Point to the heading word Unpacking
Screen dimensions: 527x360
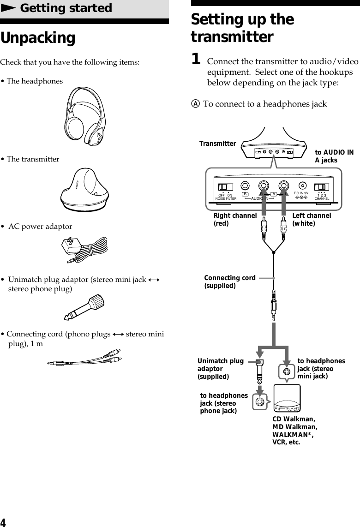(x=38, y=38)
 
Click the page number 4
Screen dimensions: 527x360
(x=3, y=522)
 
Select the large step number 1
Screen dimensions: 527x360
(x=196, y=59)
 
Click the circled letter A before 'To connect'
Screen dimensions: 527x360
(x=196, y=104)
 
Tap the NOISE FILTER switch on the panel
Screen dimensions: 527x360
(x=226, y=187)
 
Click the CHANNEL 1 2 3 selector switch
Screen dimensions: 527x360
(x=321, y=187)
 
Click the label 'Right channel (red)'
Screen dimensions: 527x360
(x=235, y=219)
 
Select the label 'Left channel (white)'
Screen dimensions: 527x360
(x=312, y=219)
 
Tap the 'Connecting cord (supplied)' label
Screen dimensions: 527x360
(x=230, y=281)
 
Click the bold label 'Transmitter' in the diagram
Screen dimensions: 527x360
(x=217, y=144)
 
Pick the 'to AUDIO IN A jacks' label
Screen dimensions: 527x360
(x=334, y=156)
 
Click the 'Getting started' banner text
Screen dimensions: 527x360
(x=66, y=8)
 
